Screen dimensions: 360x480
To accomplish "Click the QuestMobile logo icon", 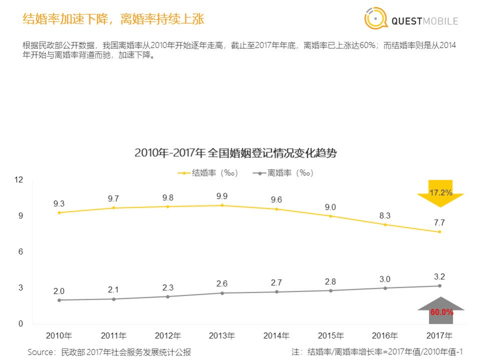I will (x=376, y=19).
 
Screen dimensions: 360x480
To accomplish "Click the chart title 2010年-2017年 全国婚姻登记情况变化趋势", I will (x=236, y=153).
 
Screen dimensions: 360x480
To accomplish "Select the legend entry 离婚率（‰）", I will (x=283, y=173).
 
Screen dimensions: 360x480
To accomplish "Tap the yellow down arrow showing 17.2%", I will (x=440, y=193).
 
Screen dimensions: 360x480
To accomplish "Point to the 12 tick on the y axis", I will (x=21, y=180).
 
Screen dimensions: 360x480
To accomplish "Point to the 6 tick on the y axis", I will (x=21, y=252).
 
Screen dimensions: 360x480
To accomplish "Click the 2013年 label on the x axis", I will (x=222, y=335).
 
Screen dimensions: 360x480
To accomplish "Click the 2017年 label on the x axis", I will (x=439, y=335).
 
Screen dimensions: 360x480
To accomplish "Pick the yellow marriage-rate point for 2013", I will (x=222, y=205).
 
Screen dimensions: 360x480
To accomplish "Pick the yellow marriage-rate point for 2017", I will (x=439, y=232).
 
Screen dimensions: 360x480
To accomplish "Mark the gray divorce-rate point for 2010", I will (x=59, y=300).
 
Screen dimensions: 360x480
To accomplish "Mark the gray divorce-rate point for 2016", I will (x=385, y=288).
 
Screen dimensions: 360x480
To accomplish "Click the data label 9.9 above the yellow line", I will (x=222, y=195).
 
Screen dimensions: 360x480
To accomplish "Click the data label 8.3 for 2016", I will (x=385, y=215).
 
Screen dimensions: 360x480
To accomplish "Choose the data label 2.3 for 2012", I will (x=168, y=287).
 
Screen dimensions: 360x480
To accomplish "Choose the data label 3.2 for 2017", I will (x=439, y=276).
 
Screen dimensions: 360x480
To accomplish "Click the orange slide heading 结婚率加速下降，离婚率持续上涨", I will (x=114, y=20).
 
